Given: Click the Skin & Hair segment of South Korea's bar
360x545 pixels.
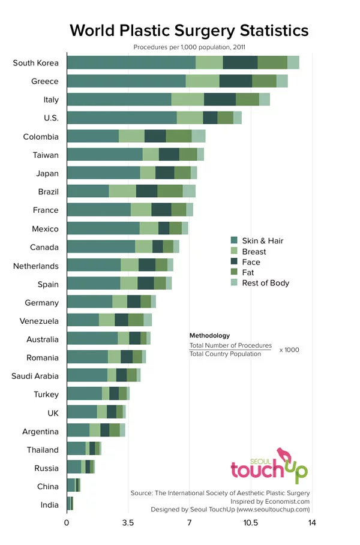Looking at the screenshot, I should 131,62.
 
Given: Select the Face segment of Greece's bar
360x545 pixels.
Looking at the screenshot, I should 235,81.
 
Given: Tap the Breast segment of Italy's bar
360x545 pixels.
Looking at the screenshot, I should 187,100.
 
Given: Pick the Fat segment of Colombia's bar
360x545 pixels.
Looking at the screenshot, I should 178,136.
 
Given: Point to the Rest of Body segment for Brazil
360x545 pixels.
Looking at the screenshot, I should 189,191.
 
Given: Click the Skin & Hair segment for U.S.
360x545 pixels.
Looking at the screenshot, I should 121,118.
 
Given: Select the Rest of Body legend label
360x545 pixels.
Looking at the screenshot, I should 265,283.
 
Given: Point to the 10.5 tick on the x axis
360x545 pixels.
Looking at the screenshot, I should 250,523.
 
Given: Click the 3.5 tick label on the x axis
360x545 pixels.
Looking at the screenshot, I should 128,523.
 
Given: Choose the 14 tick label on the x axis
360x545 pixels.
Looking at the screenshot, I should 312,523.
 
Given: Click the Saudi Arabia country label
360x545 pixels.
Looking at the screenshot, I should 35,376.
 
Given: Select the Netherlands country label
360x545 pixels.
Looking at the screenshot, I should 36,266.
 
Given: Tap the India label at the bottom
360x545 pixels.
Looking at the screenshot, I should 49,505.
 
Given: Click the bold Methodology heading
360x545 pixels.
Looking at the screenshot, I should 209,336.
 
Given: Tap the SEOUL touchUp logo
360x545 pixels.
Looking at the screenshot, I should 269,465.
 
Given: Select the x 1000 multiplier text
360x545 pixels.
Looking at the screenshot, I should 289,350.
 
